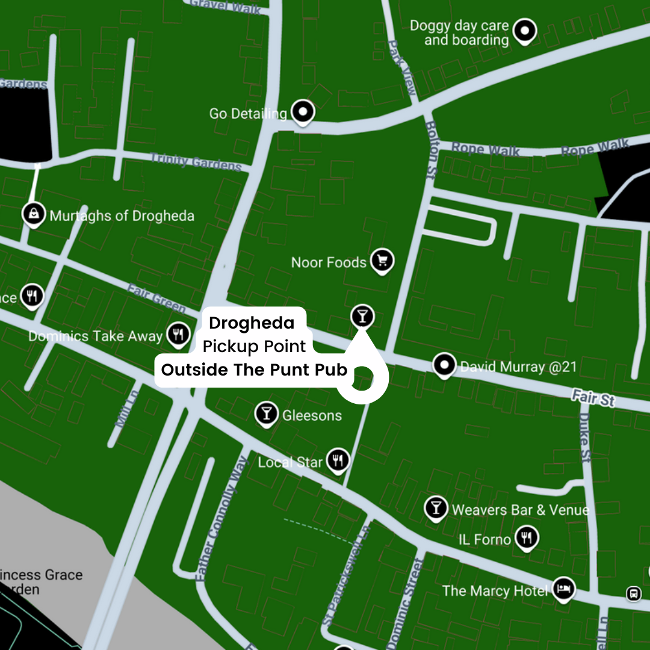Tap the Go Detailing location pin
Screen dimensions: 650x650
tap(303, 111)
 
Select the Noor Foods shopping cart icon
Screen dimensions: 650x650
tap(382, 261)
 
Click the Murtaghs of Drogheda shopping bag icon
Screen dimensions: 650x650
tap(34, 213)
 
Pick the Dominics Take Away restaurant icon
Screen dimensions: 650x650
tap(178, 333)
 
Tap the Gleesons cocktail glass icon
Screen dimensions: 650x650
tap(266, 413)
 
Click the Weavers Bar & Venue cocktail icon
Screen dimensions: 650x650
tap(435, 507)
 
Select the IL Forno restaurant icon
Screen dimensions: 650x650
tap(527, 537)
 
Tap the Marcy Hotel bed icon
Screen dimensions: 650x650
tap(563, 588)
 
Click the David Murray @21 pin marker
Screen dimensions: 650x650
tap(444, 364)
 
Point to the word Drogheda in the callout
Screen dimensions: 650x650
tap(252, 323)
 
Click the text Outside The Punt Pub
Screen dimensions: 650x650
tap(254, 370)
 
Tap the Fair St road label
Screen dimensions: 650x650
tap(593, 398)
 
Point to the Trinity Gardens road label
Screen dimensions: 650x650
tap(196, 162)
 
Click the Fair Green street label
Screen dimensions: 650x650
tap(156, 298)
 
